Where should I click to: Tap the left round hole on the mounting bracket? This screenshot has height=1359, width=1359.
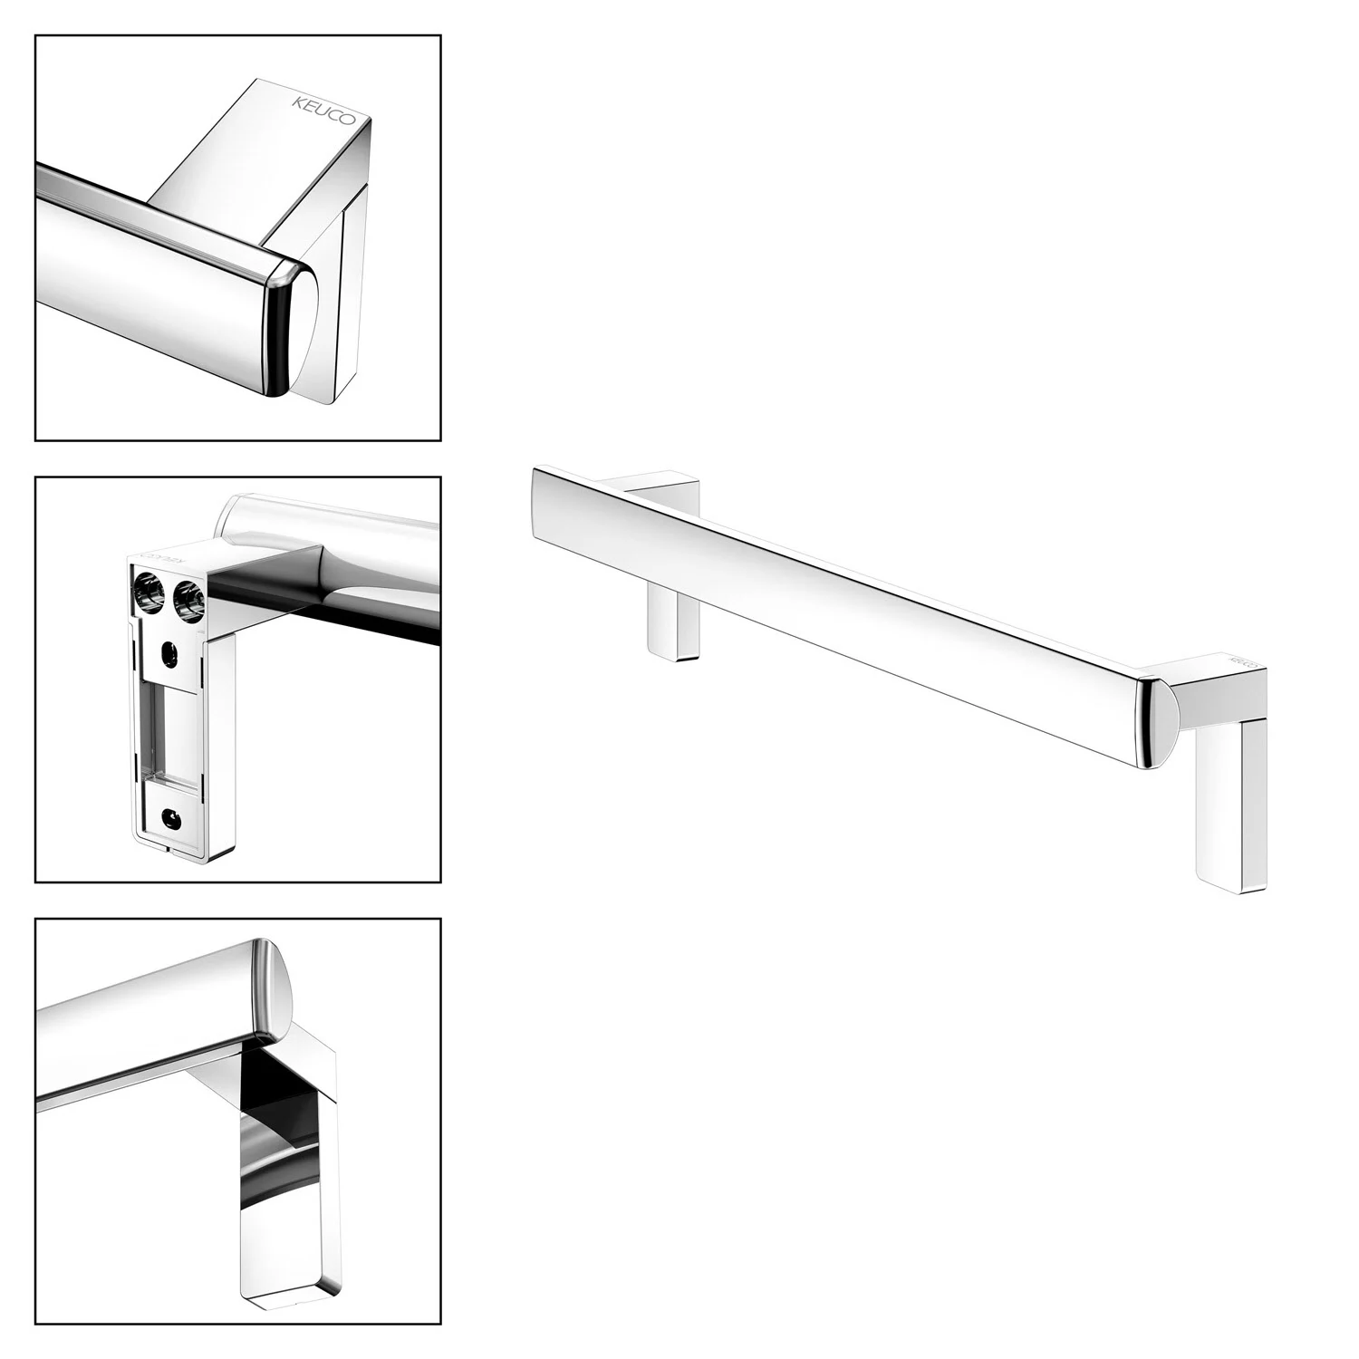(x=148, y=593)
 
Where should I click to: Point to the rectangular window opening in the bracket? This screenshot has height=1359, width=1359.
(x=169, y=734)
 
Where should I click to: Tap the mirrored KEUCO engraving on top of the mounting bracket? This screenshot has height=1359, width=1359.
(x=163, y=558)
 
